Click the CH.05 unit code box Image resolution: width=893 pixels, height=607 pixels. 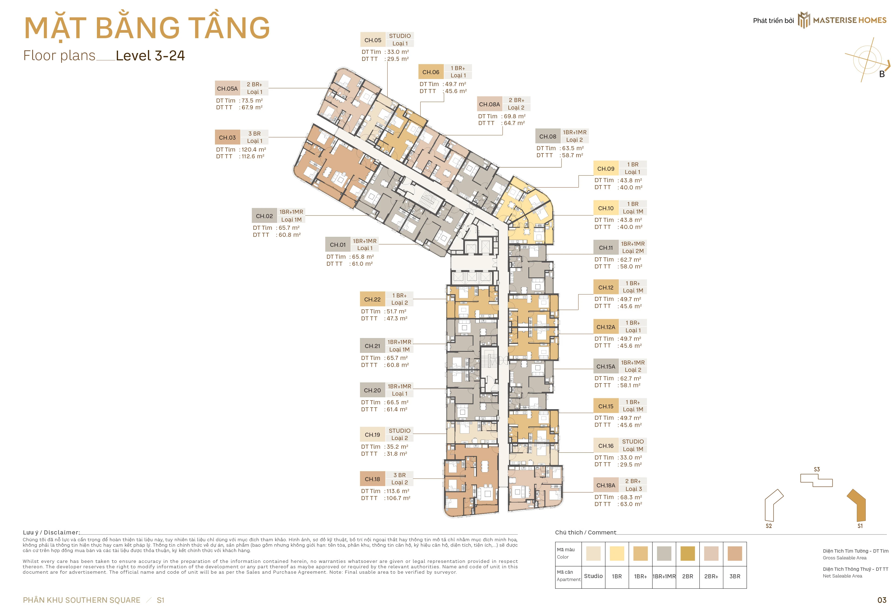point(373,40)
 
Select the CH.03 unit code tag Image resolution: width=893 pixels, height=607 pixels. point(227,137)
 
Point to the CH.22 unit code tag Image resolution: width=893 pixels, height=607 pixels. point(372,299)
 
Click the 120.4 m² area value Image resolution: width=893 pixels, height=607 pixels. point(254,149)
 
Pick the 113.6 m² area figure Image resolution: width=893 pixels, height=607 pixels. point(398,491)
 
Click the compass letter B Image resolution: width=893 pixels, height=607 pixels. point(882,74)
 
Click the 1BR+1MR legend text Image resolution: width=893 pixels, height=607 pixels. point(664,576)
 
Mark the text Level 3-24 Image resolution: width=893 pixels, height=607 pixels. point(150,56)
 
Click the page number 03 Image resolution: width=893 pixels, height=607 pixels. point(882,600)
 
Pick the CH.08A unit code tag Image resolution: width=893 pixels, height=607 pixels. point(489,104)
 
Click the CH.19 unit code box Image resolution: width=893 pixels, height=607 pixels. point(372,435)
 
